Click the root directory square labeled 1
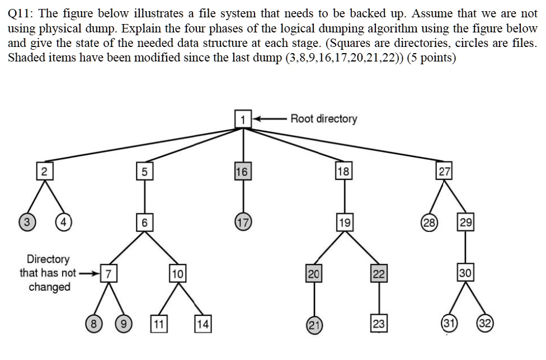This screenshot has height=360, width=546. [x=243, y=119]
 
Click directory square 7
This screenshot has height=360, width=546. [x=110, y=274]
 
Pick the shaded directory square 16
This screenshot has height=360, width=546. [x=243, y=172]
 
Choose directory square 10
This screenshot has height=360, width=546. [x=177, y=274]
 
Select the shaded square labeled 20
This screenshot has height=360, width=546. [x=313, y=273]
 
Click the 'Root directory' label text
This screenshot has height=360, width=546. [x=323, y=119]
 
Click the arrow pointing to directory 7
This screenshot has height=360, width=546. [x=90, y=274]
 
